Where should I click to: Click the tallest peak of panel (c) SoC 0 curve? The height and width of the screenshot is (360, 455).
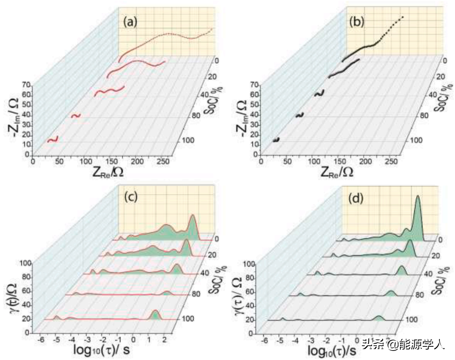[x=193, y=217]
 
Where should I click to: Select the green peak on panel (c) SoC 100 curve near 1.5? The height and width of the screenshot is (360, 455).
[x=155, y=313]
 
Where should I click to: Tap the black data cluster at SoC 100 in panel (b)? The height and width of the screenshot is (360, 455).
[x=276, y=140]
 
